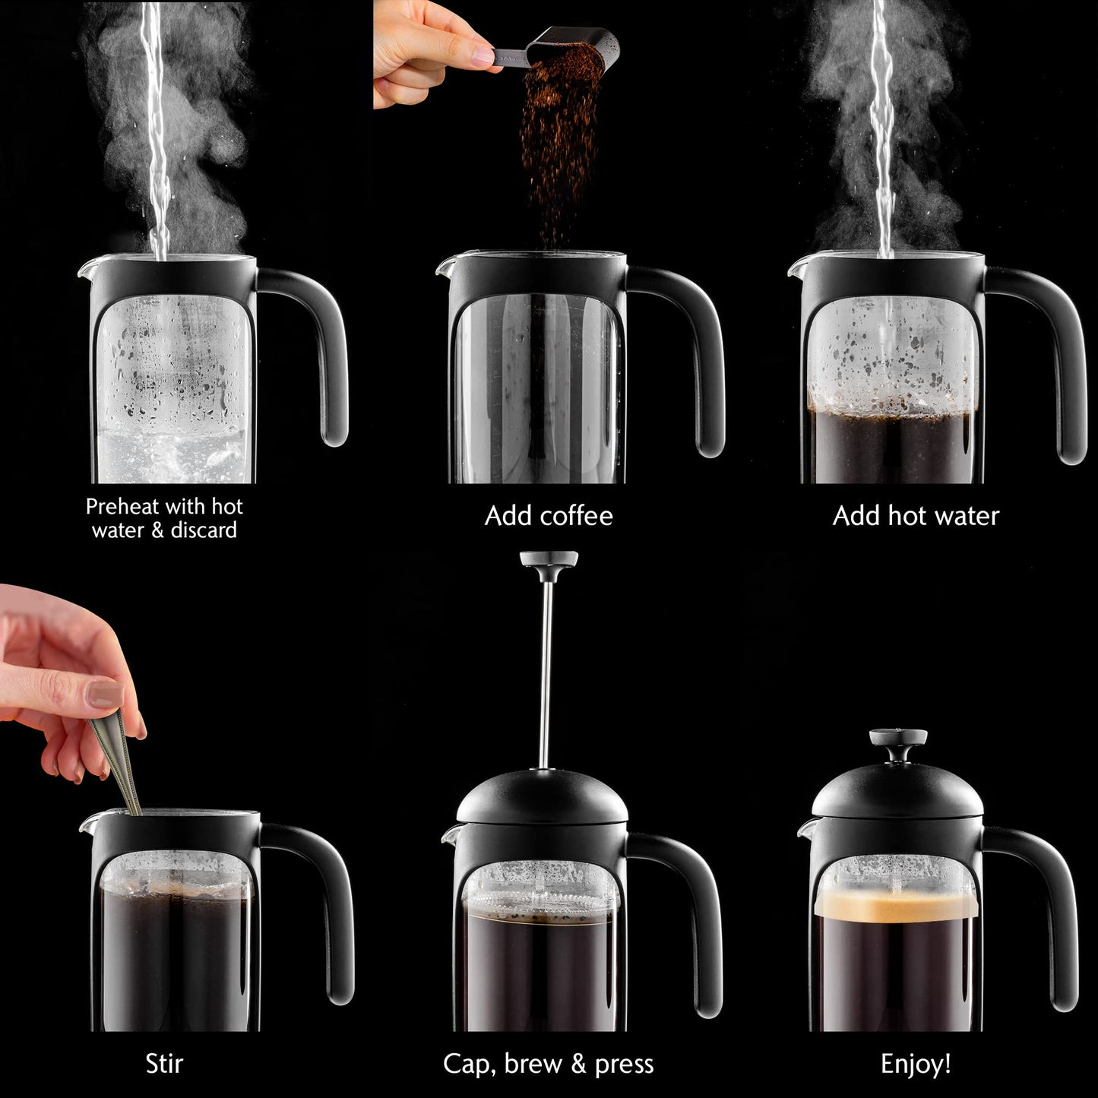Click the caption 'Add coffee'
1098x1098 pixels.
coord(549,516)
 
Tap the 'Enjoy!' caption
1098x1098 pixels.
coord(916,1064)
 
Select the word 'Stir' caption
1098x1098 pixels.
coord(164,1064)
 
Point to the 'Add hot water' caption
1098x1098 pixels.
coord(916,516)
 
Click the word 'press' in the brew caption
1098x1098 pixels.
coord(624,1064)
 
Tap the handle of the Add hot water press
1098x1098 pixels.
coord(1060,365)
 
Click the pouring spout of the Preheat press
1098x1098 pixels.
coord(85,270)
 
